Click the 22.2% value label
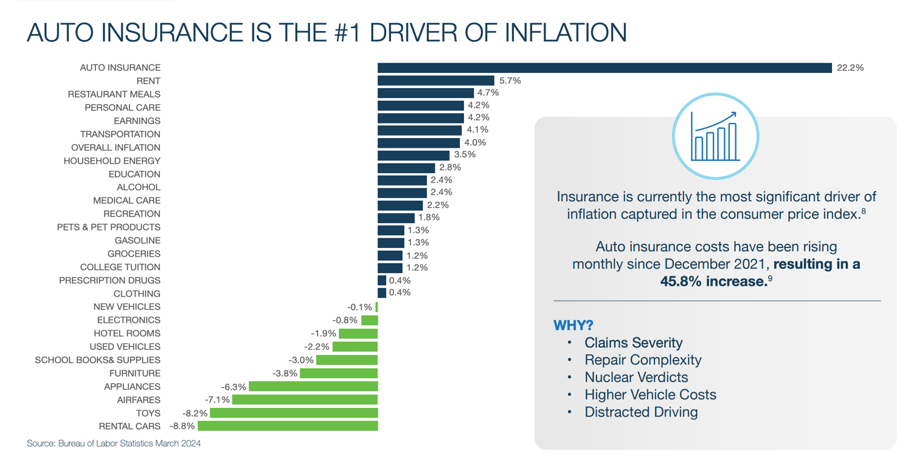(850, 67)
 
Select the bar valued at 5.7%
(435, 80)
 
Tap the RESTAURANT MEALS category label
(114, 94)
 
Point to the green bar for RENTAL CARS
(287, 426)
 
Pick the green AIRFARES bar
(305, 399)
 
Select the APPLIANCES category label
(132, 387)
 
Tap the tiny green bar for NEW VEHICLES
(376, 307)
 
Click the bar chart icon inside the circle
(715, 136)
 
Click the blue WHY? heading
(572, 325)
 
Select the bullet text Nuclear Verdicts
(636, 377)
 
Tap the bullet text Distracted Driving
(641, 412)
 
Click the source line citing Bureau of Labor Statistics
(114, 443)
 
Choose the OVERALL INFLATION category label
(116, 147)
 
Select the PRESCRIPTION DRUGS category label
(109, 280)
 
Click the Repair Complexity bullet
(643, 360)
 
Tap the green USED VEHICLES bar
(355, 347)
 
